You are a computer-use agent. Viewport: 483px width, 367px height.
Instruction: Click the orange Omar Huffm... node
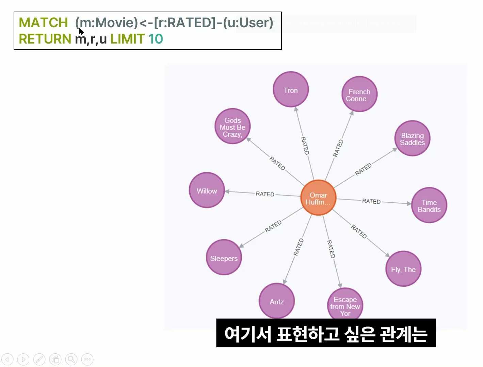[318, 198]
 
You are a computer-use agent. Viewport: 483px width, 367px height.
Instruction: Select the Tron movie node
[291, 89]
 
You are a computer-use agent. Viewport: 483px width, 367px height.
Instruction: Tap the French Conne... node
[359, 94]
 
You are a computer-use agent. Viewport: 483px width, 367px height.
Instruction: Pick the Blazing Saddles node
[412, 138]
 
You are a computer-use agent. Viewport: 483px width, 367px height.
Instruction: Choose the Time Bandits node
[429, 205]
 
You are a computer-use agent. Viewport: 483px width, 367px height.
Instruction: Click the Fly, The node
[403, 269]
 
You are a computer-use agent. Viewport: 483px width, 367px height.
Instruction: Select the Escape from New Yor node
[345, 305]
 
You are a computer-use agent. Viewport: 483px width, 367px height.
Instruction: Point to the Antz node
[276, 301]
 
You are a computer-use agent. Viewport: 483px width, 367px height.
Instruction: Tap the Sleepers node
[224, 257]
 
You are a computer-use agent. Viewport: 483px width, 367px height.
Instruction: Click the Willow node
[207, 190]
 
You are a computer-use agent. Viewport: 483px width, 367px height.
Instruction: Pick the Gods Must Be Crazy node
[232, 127]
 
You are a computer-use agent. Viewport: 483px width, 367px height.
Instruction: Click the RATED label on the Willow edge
[265, 194]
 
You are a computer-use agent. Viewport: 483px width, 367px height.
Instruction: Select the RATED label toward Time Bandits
[371, 201]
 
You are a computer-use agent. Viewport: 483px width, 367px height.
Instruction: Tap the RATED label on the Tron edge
[305, 146]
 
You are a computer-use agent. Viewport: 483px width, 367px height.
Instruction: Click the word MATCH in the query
[43, 22]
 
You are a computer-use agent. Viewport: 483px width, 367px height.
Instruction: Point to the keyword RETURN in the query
[45, 39]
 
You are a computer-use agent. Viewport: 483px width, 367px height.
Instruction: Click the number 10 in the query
[156, 39]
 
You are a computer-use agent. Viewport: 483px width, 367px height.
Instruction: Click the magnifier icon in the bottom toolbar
[71, 359]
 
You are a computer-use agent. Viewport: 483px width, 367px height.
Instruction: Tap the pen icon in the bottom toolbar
[39, 359]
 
